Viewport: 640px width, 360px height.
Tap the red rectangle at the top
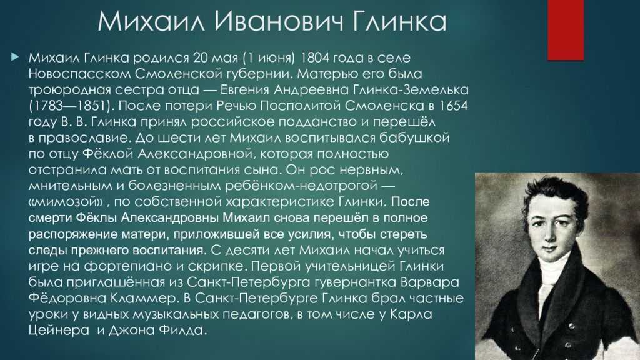point(566,30)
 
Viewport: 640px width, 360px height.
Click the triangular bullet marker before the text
point(15,57)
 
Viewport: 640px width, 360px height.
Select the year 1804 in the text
point(314,57)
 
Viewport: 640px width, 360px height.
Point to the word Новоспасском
point(79,74)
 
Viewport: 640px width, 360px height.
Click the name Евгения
point(244,89)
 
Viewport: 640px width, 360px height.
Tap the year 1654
point(453,106)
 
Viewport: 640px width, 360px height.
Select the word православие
point(84,138)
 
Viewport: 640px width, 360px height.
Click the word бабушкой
point(414,137)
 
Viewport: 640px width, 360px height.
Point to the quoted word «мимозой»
point(66,202)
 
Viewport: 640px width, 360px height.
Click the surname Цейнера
point(59,330)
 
